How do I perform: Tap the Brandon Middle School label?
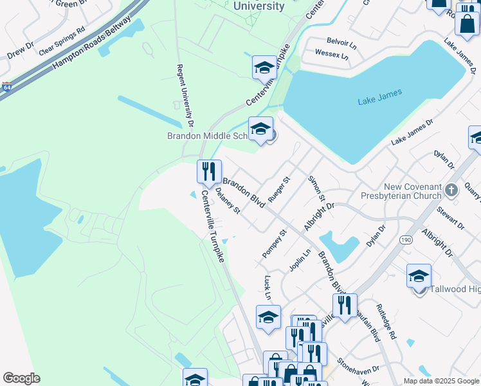207,136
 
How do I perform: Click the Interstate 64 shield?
6,86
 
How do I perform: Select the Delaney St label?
228,201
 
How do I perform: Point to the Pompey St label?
274,244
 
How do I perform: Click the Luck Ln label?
267,288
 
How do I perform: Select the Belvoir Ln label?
341,44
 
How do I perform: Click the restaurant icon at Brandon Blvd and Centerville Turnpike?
209,172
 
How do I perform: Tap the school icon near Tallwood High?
419,275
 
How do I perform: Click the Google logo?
21,378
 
